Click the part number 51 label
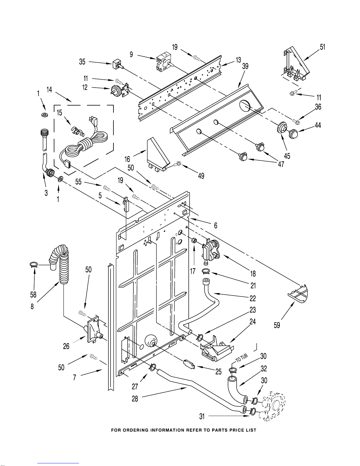(322, 47)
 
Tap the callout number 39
(245, 66)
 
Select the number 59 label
(277, 325)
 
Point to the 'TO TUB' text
(242, 358)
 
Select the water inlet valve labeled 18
(211, 250)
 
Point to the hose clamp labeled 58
(34, 265)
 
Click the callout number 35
(82, 62)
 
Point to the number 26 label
(66, 346)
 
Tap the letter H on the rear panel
(177, 243)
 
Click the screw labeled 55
(107, 188)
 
